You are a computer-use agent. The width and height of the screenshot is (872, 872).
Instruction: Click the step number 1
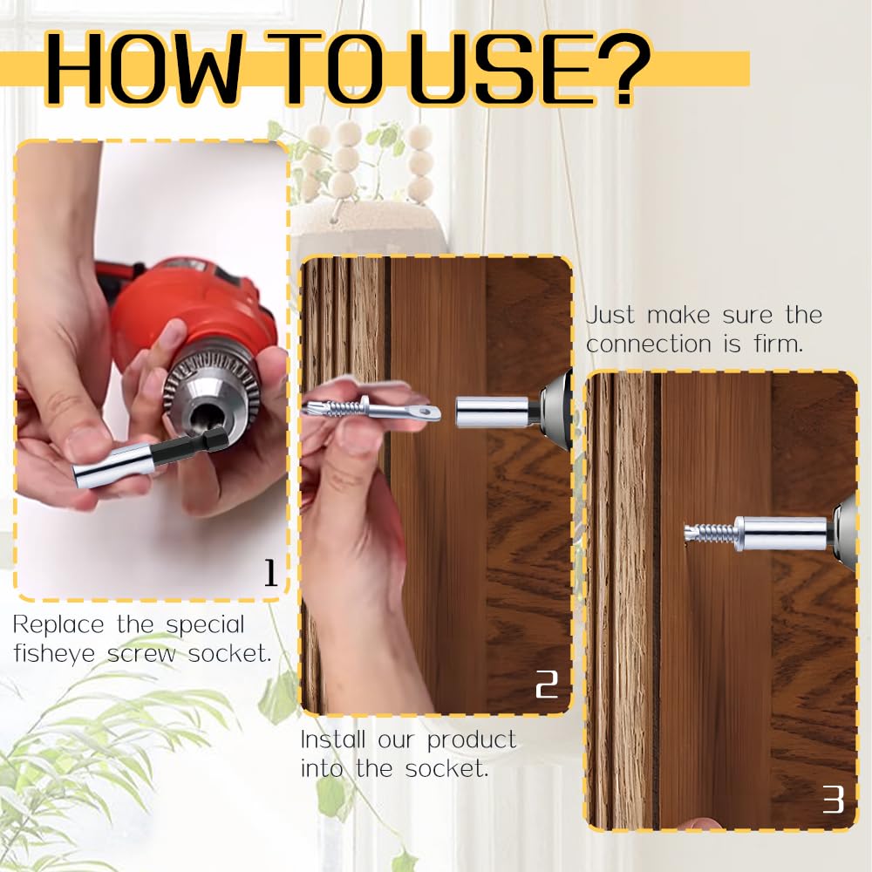click(269, 573)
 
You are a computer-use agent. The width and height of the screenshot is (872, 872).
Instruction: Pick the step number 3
click(833, 800)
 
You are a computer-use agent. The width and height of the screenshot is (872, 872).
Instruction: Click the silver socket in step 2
click(492, 408)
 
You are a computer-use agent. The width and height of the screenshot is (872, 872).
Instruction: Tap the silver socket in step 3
click(780, 533)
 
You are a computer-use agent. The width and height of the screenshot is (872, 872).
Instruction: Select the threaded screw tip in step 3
click(706, 532)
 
